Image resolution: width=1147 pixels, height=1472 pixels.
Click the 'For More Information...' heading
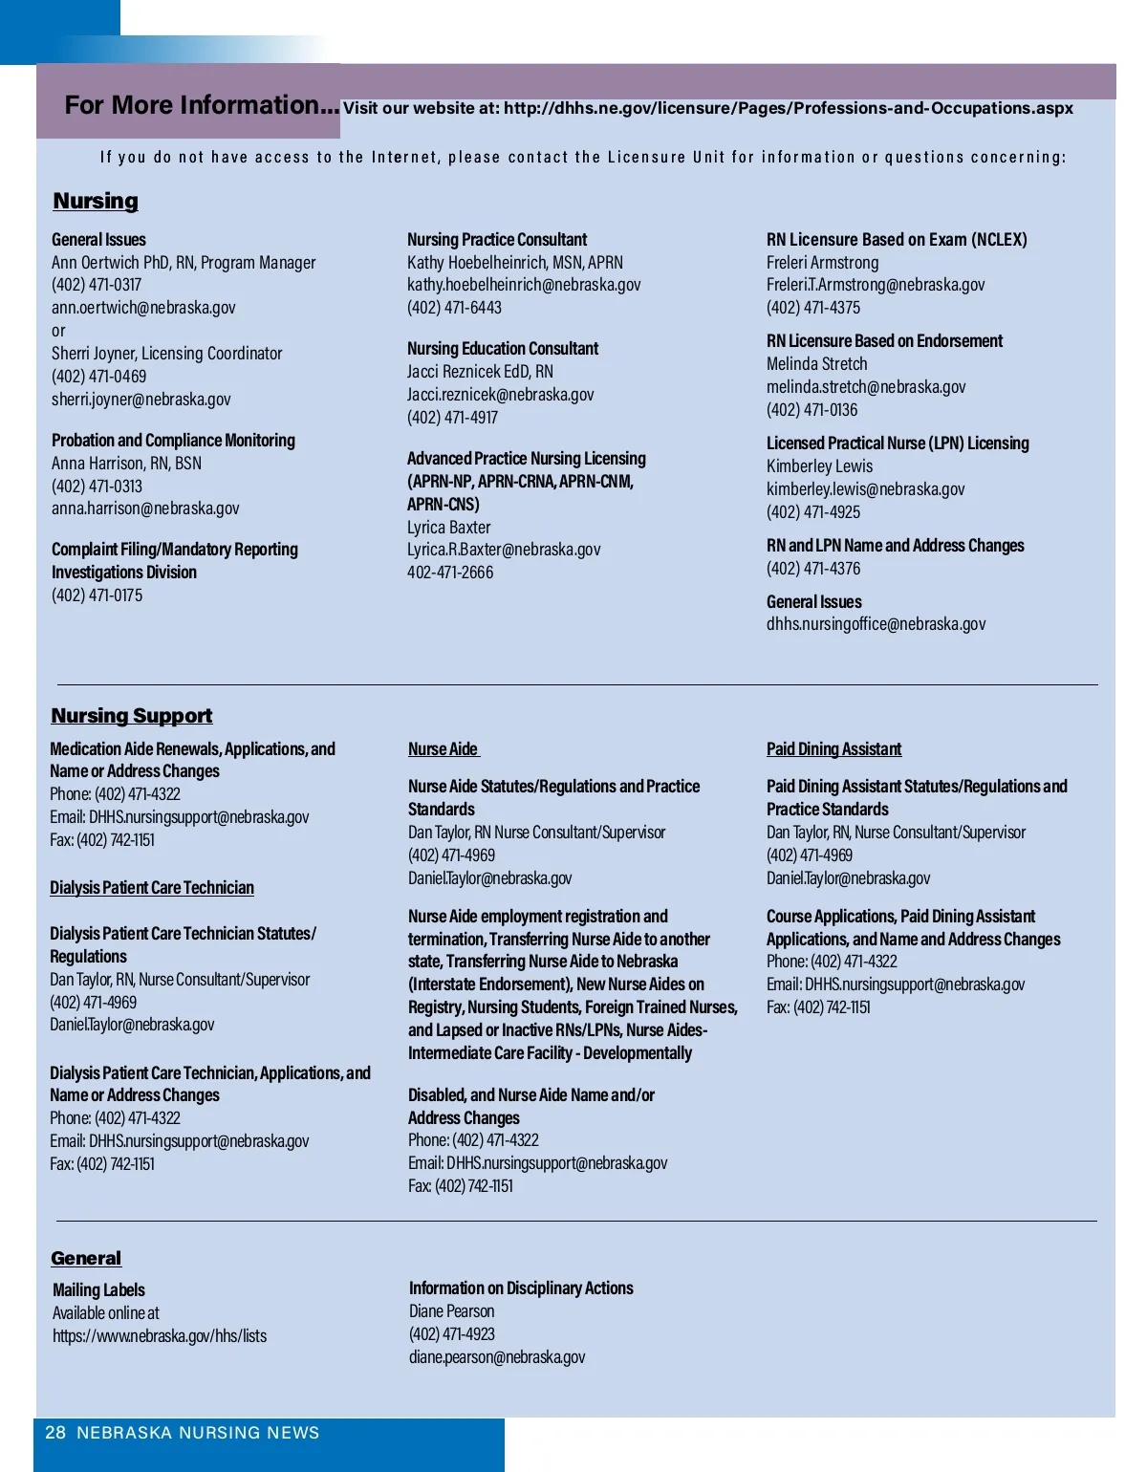point(202,105)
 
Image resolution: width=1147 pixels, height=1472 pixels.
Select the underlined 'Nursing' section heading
point(96,201)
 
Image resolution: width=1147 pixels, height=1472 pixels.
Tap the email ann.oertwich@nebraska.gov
point(143,308)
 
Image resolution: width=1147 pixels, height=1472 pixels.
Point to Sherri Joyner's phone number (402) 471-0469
point(98,377)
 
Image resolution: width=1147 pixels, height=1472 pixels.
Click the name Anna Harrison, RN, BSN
point(126,464)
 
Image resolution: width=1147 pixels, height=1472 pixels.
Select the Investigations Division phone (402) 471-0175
point(97,595)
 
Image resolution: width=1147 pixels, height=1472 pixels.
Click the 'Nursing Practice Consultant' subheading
point(497,240)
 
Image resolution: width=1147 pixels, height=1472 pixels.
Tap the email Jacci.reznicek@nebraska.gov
point(500,395)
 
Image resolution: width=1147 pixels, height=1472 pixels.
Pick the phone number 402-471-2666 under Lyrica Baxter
point(450,573)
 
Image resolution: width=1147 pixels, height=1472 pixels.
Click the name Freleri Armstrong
point(822,263)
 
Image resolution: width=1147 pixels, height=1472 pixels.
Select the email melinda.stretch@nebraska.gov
point(866,387)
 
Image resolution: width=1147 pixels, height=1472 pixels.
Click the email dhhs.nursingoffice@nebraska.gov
point(876,624)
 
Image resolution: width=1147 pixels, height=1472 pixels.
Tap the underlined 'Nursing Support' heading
point(132,716)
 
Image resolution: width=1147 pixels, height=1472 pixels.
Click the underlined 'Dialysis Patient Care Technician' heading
point(152,888)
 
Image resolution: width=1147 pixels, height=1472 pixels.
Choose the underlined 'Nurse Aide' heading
point(443,749)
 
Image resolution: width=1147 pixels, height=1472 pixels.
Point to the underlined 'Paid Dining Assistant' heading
point(833,749)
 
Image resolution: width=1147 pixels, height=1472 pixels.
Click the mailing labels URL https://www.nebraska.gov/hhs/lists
point(160,1336)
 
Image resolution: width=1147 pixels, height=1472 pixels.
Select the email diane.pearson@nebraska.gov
point(497,1357)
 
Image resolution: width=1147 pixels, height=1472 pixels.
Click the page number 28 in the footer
point(55,1433)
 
